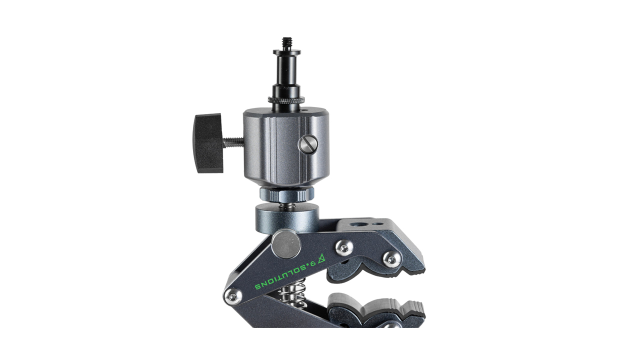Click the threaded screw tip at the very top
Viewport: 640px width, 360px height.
coord(286,43)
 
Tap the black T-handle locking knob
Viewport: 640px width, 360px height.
coord(208,143)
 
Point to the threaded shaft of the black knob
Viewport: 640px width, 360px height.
coord(233,141)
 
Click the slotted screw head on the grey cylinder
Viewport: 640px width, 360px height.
coord(308,144)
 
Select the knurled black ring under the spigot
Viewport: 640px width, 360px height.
coord(286,99)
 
